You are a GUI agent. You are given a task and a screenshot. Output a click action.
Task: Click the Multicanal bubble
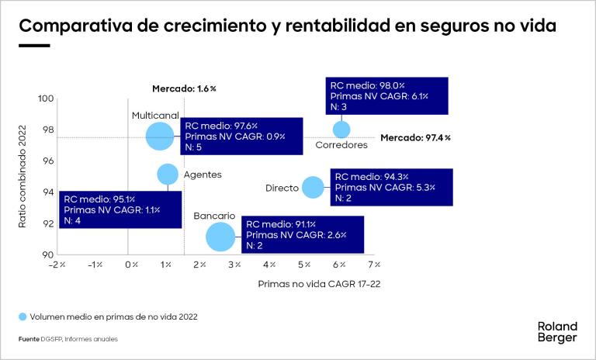point(160,136)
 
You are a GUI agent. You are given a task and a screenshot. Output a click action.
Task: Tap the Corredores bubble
point(341,130)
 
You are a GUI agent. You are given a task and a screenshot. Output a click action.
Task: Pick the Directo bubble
point(313,187)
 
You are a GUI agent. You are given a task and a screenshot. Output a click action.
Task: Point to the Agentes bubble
point(168,174)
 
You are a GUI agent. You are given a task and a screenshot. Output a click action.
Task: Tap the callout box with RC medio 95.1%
point(120,209)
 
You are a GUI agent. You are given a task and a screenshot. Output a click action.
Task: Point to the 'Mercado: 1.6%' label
point(184,88)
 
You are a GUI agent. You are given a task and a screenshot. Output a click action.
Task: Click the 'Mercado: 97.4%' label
point(415,137)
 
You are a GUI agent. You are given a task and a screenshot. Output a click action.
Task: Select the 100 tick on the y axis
point(46,99)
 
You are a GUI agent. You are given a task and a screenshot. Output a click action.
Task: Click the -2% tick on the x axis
point(57,265)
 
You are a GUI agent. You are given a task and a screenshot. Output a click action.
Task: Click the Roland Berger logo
point(557,331)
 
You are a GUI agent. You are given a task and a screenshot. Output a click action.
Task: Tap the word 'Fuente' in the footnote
point(29,339)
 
